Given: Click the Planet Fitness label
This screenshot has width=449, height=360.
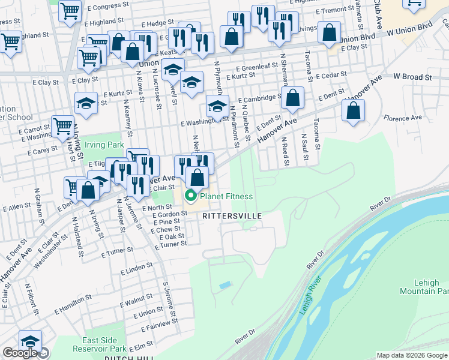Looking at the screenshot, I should pyautogui.click(x=226, y=196).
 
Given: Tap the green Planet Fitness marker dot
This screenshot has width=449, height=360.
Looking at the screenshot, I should pyautogui.click(x=191, y=196).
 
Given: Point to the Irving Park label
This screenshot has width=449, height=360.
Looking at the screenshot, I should pyautogui.click(x=103, y=145).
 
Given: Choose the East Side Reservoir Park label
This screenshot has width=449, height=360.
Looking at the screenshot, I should pyautogui.click(x=100, y=344).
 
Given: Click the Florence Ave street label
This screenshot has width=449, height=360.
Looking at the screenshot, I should pyautogui.click(x=403, y=118).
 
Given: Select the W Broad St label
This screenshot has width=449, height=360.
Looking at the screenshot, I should pyautogui.click(x=412, y=77).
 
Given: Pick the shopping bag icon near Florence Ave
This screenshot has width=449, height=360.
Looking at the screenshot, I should pyautogui.click(x=354, y=110).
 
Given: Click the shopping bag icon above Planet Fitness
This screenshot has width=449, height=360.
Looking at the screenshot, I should pyautogui.click(x=197, y=177).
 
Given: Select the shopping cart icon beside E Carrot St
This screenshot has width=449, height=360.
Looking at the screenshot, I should pyautogui.click(x=62, y=126).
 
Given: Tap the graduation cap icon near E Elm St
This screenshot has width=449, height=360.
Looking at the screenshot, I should pyautogui.click(x=30, y=341).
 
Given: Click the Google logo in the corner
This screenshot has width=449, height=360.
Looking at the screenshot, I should pyautogui.click(x=19, y=353).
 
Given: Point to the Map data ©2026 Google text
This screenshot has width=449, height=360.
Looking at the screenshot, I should pyautogui.click(x=412, y=355).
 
